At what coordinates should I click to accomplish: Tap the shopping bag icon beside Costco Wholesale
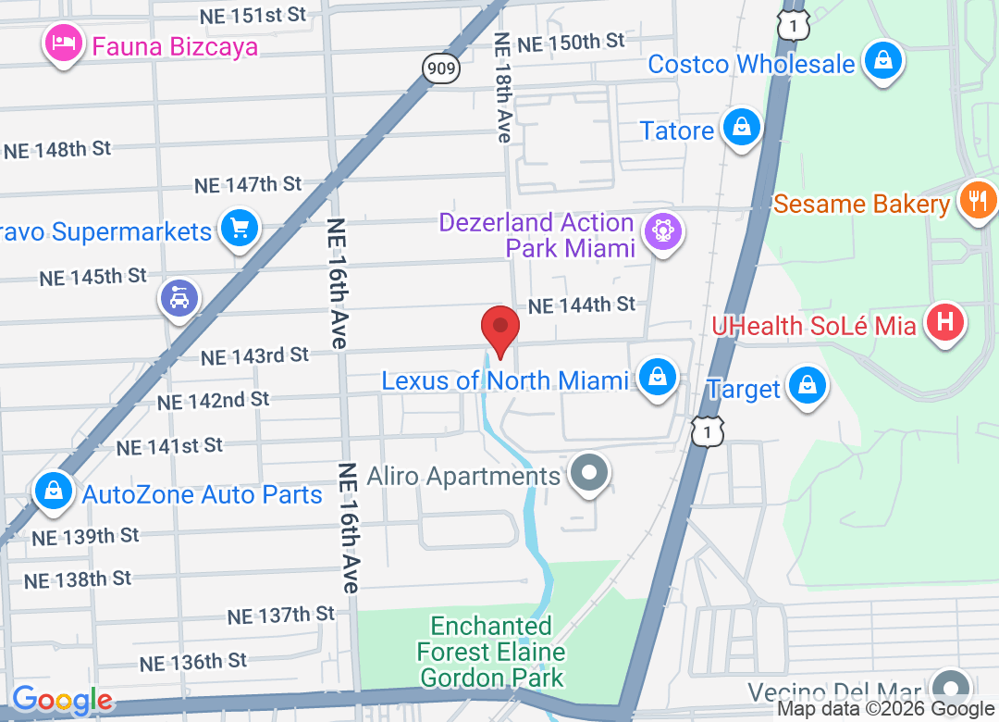883,62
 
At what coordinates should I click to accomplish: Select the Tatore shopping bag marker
742,128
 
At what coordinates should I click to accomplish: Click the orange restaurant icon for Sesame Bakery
978,200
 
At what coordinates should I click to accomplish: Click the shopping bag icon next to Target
808,385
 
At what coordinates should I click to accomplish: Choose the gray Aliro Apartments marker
588,475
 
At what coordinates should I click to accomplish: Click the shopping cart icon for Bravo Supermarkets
240,228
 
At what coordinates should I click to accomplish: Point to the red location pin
500,330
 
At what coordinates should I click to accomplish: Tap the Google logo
62,699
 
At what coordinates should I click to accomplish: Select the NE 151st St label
253,15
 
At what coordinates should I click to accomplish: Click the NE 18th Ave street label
502,88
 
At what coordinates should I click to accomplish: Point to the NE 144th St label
582,305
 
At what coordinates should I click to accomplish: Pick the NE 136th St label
193,662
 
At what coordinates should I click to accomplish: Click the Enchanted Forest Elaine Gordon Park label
491,653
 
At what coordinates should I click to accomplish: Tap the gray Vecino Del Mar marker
949,689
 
